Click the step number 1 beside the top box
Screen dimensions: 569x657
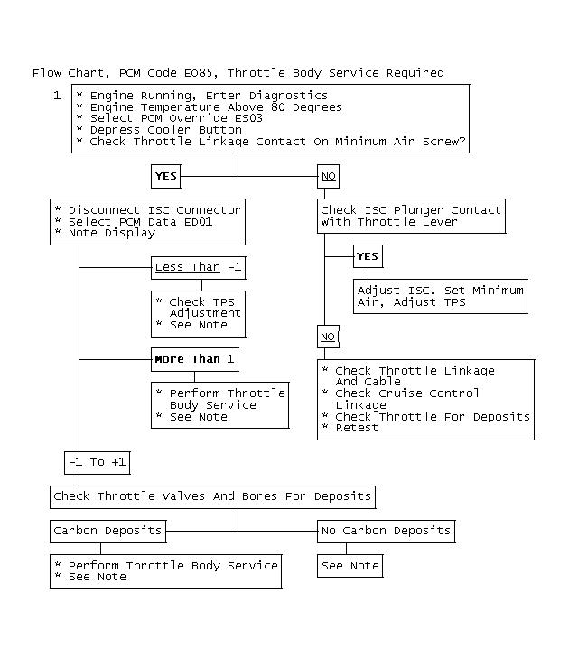(57, 96)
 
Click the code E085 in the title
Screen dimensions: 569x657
(201, 73)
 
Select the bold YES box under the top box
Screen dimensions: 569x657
(166, 176)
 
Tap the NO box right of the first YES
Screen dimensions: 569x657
(329, 176)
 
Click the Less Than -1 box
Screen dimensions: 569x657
(199, 268)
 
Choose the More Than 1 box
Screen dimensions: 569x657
(195, 359)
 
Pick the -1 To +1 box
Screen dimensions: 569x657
(98, 463)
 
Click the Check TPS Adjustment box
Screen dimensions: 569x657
(199, 314)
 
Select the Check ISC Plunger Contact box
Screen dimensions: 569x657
(411, 217)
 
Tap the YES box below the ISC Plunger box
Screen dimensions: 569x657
(368, 256)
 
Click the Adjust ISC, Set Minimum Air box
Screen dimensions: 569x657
(440, 296)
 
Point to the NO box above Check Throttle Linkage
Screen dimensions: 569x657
(329, 337)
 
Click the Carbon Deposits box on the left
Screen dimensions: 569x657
(108, 532)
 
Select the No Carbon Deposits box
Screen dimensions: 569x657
(387, 532)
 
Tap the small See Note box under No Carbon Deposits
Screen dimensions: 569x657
(350, 566)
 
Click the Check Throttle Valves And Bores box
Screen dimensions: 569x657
(212, 497)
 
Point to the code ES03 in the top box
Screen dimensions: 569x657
(248, 118)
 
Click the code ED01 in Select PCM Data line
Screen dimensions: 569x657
(198, 222)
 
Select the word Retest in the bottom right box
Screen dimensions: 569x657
(357, 428)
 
